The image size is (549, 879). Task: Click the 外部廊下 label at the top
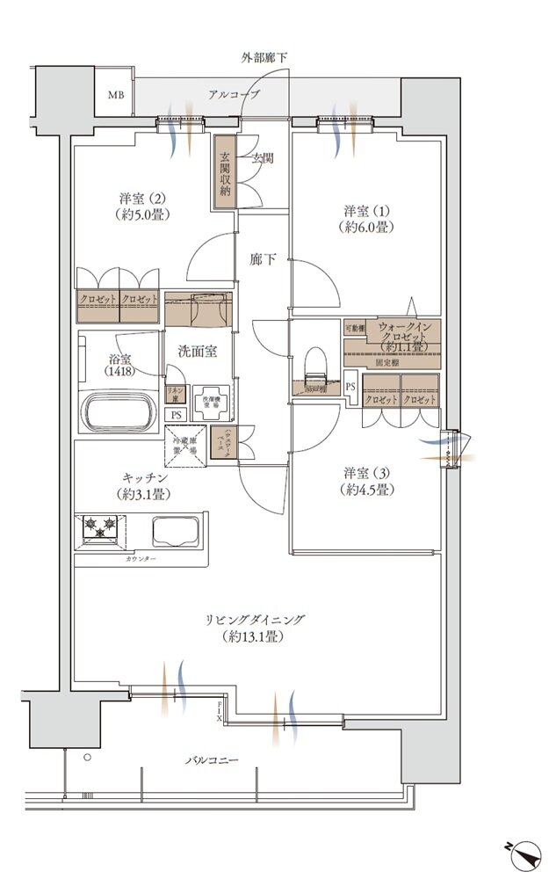[x=264, y=58]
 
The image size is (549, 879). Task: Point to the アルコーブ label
[x=234, y=94]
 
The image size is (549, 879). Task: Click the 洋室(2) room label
[x=141, y=206]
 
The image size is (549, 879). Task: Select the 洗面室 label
[x=198, y=351]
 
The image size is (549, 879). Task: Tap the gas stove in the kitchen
[x=98, y=527]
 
